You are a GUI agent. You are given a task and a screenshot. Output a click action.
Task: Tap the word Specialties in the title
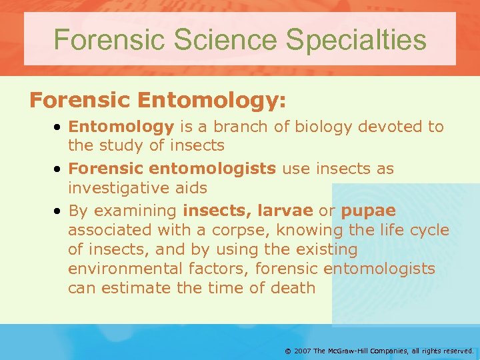[x=356, y=39]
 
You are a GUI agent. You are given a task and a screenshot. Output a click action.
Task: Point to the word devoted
[x=387, y=127]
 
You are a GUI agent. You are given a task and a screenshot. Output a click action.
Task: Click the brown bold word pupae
[x=368, y=211]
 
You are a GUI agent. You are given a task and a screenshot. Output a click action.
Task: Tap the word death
[x=293, y=288]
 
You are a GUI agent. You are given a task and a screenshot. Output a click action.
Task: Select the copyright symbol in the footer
[x=287, y=350]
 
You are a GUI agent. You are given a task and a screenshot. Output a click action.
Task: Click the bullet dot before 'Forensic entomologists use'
[x=59, y=169]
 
